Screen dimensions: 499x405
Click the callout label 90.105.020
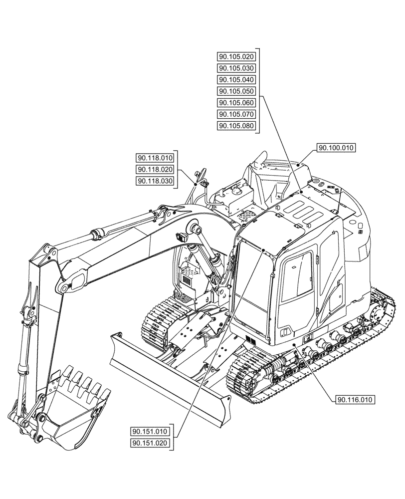point(236,57)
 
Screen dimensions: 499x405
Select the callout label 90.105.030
point(236,68)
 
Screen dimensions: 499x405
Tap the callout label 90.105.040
point(236,80)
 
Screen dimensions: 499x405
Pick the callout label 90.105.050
point(236,91)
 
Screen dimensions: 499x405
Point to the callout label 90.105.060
point(236,103)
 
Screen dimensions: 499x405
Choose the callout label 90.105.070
point(236,114)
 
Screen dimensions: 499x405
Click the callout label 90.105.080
point(236,126)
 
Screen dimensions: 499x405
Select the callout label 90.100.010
point(336,148)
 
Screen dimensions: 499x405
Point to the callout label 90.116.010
point(356,399)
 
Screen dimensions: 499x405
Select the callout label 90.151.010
point(150,432)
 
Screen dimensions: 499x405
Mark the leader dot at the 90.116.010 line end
point(295,344)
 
